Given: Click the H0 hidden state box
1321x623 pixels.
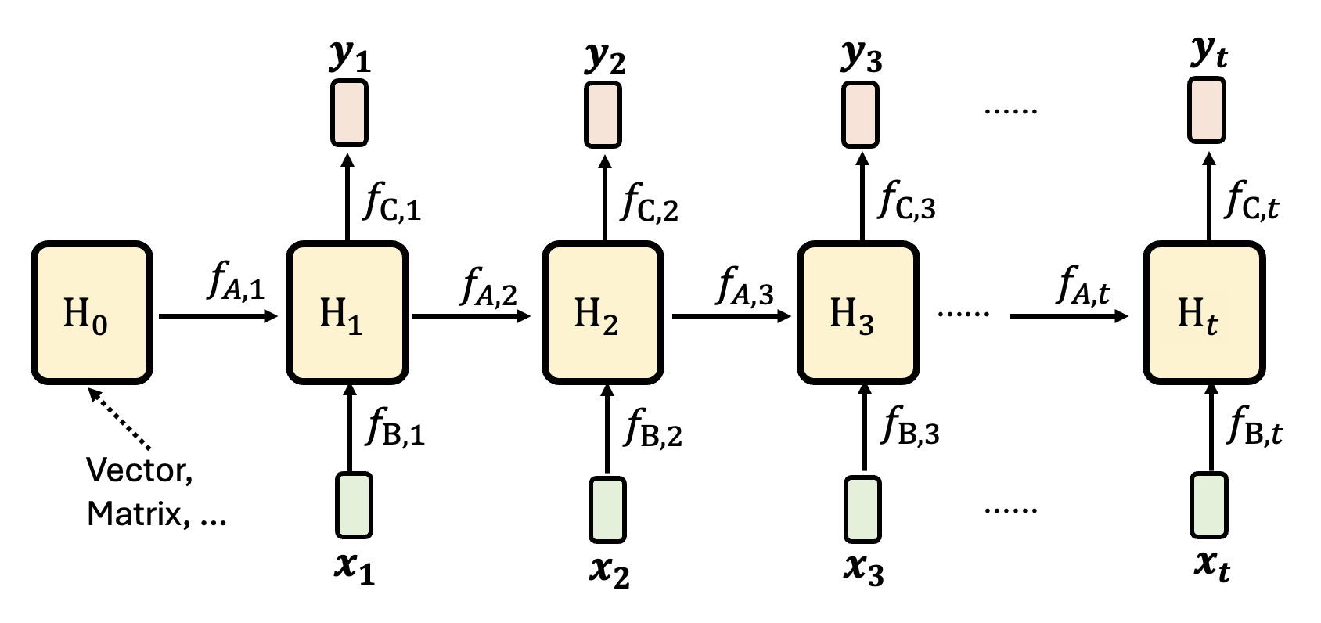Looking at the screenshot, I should coord(91,312).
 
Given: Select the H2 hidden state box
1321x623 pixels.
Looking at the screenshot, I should coord(602,312).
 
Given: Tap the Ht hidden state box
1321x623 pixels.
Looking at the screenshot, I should coord(1204,312).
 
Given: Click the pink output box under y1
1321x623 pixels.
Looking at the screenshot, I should coord(349,113).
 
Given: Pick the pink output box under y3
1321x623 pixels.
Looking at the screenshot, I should coord(860,113).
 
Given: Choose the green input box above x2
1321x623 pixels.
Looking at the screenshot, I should coord(607,509).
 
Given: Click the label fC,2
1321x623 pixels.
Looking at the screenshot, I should coord(650,202).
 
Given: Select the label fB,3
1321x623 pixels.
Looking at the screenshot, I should coord(910,427).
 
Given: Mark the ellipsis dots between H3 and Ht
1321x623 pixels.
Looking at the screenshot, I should coord(963,315).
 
